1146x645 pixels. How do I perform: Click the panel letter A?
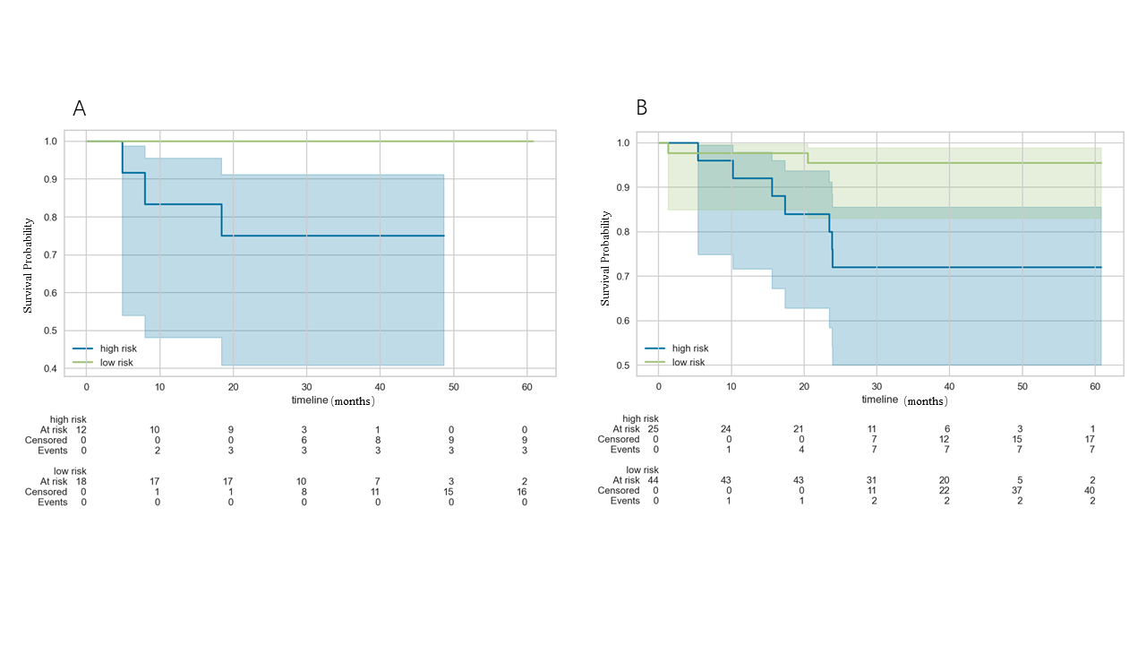click(80, 108)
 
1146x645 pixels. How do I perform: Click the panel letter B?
click(641, 108)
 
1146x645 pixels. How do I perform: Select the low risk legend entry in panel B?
click(688, 362)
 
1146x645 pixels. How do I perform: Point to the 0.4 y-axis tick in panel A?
click(50, 369)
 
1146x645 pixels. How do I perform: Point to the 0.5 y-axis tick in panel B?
click(622, 365)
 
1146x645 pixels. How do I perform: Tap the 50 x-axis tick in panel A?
click(453, 386)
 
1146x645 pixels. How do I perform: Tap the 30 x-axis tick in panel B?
click(877, 385)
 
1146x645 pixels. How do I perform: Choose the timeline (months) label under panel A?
click(332, 400)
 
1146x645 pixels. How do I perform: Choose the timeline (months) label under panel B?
click(904, 400)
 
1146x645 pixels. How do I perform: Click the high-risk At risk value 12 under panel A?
click(81, 430)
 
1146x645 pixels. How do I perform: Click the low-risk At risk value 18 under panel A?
click(81, 481)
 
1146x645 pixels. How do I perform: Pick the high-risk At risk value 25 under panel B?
click(654, 429)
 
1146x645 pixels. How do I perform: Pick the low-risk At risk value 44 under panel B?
click(654, 480)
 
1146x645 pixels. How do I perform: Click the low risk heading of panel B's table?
click(642, 470)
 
